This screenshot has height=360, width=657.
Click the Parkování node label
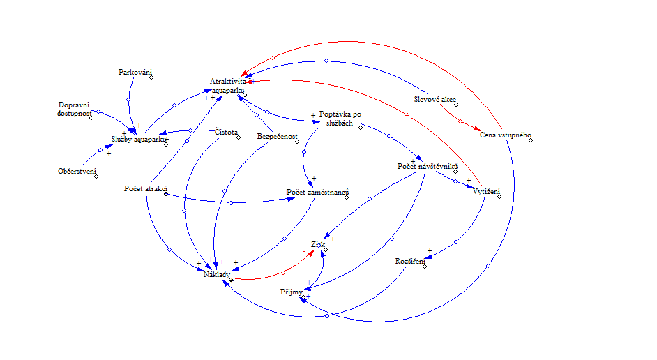(x=135, y=72)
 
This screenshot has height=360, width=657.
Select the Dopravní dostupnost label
(x=75, y=109)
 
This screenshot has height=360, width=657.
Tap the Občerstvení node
(x=77, y=171)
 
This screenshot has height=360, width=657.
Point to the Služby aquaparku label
(x=139, y=139)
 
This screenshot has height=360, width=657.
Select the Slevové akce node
(x=435, y=99)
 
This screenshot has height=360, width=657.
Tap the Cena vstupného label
(x=506, y=135)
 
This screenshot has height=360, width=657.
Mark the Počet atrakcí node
(x=144, y=189)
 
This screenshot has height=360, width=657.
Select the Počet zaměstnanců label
(x=318, y=192)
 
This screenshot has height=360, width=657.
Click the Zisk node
(x=319, y=245)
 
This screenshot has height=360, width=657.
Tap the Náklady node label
(x=216, y=275)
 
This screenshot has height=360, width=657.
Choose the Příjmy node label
(x=292, y=291)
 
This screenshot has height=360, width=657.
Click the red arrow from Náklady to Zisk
(x=283, y=272)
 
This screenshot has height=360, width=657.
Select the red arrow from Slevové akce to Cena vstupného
(x=460, y=121)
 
